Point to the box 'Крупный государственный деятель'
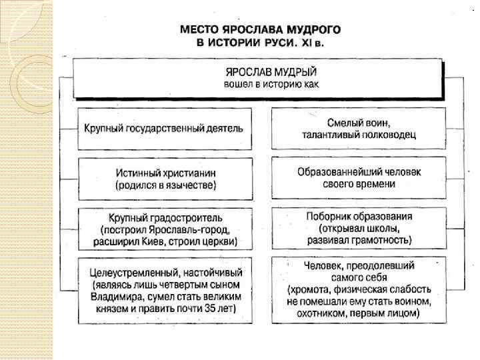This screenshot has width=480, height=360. [163, 128]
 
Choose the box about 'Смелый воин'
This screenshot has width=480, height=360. [358, 128]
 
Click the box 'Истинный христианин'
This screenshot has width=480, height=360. [163, 177]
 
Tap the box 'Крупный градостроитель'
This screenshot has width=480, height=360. [163, 228]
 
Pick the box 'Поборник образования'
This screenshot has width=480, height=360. [358, 227]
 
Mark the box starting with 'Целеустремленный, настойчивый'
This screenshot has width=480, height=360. [165, 291]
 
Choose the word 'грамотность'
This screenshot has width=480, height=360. [382, 238]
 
